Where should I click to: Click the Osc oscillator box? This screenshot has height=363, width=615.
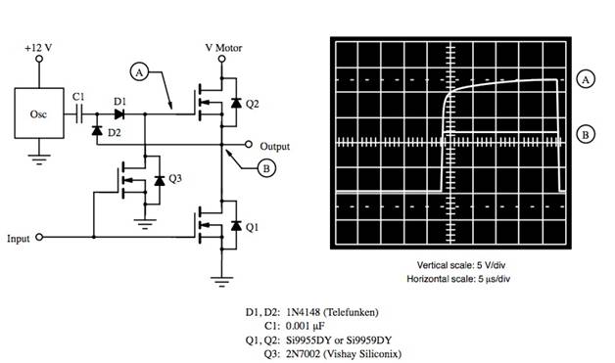(x=38, y=113)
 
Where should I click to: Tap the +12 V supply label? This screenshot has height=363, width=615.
(x=38, y=47)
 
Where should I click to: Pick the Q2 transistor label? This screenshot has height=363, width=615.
(x=253, y=103)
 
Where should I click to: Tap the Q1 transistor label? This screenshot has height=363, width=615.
(x=253, y=227)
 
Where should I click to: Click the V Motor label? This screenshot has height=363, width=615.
(x=222, y=47)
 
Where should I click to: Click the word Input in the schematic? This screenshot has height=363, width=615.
(x=20, y=238)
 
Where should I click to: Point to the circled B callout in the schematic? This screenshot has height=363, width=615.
(x=266, y=168)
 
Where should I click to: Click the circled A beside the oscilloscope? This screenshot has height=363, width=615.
(x=586, y=80)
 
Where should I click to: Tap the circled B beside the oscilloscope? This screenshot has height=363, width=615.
(x=586, y=135)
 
